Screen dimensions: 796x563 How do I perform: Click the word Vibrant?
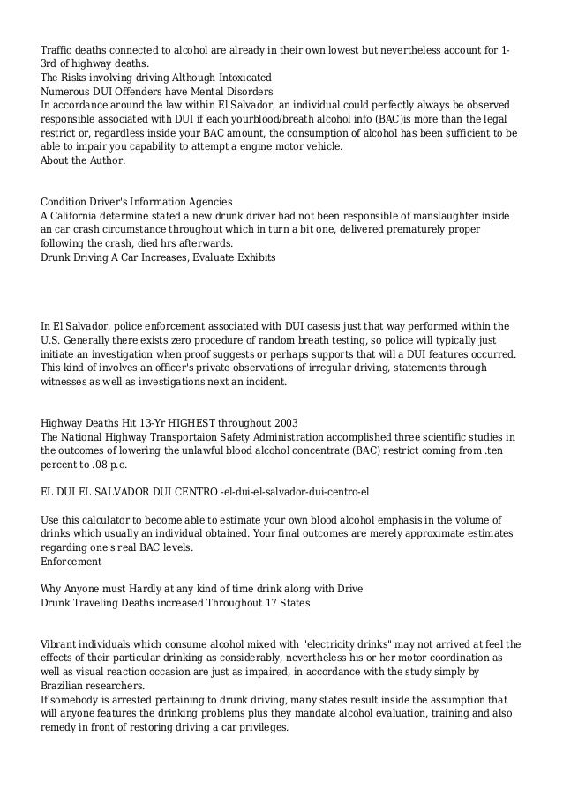pos(61,644)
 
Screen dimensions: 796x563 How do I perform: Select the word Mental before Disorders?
pos(210,91)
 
